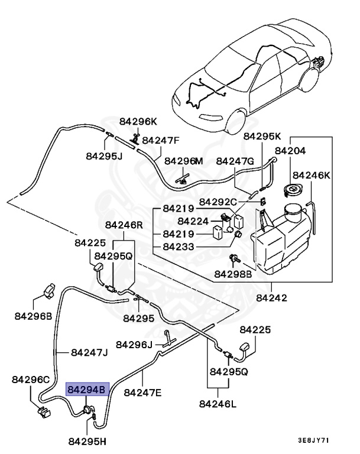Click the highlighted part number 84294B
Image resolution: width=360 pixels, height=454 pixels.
coord(87,390)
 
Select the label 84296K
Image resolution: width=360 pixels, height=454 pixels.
coord(138,121)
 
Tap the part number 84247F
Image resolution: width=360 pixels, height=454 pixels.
coord(161,140)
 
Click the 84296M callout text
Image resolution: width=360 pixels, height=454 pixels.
coord(183,161)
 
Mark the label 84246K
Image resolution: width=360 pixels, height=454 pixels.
coord(313,175)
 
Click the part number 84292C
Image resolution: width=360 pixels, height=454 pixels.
coord(218,202)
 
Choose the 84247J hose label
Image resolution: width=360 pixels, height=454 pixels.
coord(89,352)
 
